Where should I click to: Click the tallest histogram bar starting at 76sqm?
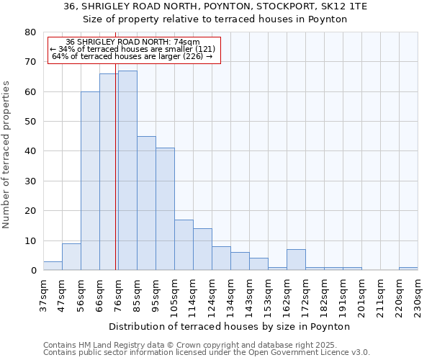click(127, 171)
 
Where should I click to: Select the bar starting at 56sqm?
click(90, 181)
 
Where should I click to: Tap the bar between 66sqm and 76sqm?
click(109, 172)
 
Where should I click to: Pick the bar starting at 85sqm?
click(146, 203)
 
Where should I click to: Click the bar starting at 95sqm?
click(165, 209)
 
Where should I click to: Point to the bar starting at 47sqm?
click(71, 257)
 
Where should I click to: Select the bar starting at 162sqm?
click(296, 260)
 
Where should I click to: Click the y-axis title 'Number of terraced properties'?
click(6, 154)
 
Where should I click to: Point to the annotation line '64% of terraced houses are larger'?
click(132, 56)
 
